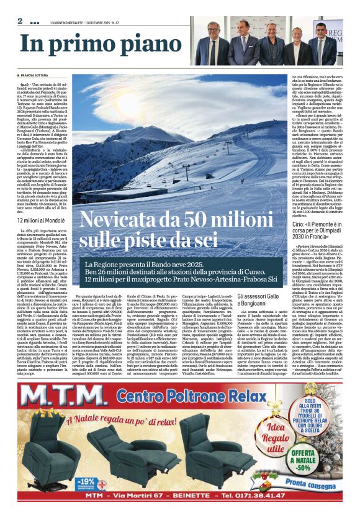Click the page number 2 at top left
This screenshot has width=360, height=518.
click(x=20, y=21)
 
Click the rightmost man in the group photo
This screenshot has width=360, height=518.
click(x=321, y=47)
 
